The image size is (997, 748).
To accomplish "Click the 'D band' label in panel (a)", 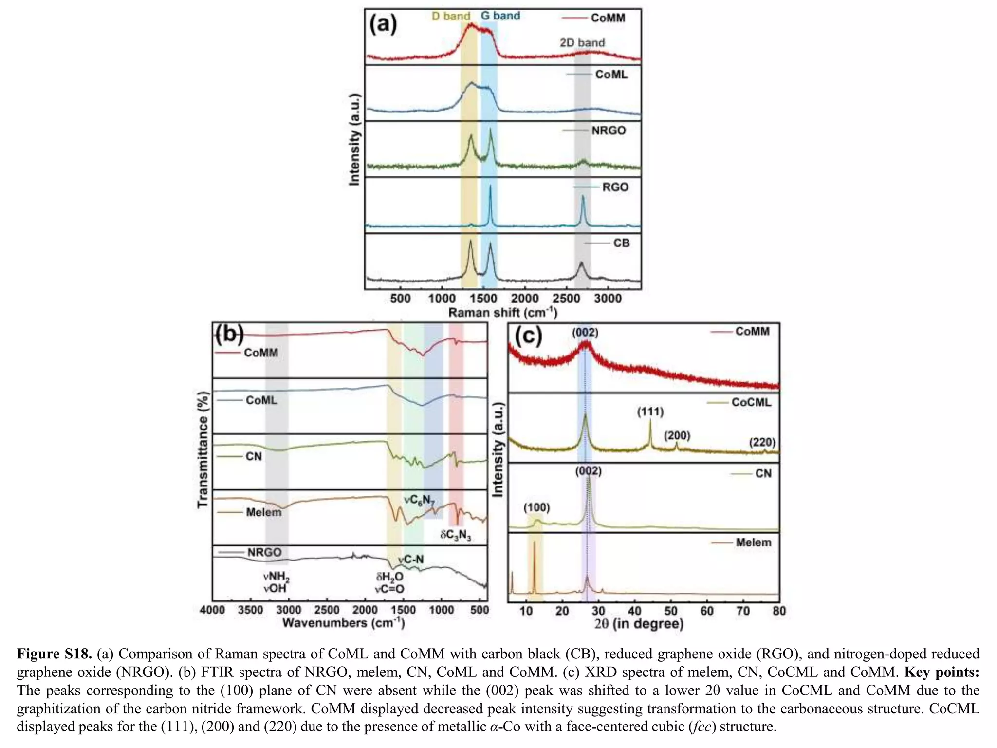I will [451, 16].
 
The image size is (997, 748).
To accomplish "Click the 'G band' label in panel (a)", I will [500, 16].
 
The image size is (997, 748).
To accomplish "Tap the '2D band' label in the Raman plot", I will [582, 43].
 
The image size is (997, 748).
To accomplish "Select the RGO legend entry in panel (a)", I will [615, 187].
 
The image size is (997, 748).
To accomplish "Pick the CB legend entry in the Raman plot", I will [621, 243].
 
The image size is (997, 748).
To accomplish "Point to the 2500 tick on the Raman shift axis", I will [566, 299].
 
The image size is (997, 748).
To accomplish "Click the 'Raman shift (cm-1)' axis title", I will [502, 312].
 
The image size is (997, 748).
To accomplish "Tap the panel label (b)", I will [229, 335].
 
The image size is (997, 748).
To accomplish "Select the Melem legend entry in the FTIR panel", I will [263, 512].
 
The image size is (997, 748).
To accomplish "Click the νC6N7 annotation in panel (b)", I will [419, 500].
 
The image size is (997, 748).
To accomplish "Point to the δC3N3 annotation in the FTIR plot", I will [456, 536].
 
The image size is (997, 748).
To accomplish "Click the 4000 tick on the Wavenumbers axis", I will [212, 610].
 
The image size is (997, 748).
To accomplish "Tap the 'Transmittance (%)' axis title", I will [203, 450].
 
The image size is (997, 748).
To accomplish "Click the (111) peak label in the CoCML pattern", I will [650, 412].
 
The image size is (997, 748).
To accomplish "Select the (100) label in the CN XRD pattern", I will [536, 508].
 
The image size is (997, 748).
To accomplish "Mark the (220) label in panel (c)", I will [762, 442].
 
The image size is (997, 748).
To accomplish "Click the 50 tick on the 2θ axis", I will [671, 611].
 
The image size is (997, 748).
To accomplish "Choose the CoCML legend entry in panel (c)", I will [751, 403].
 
